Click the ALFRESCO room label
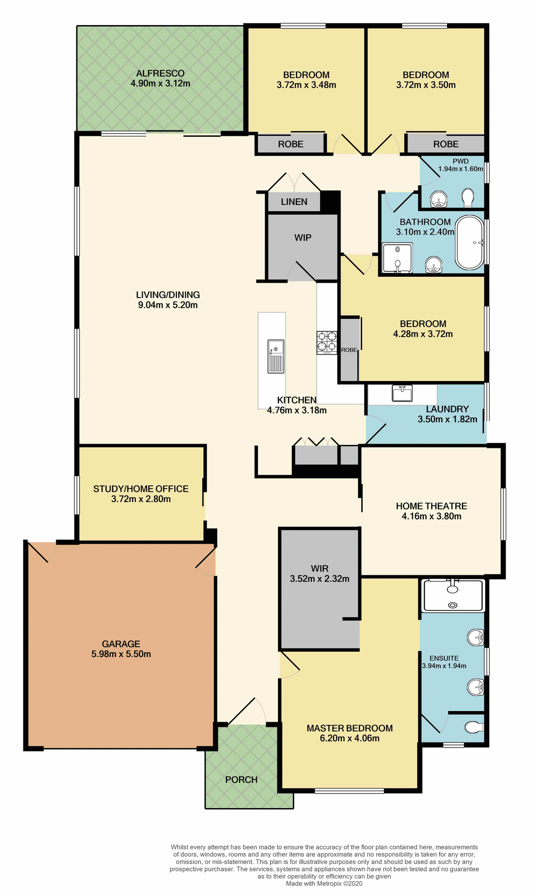160,73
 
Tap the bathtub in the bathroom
470,242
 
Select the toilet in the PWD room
468,198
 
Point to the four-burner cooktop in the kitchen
327,342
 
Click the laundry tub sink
402,394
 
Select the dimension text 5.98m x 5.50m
121,654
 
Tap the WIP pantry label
303,238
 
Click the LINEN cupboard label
294,202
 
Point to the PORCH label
241,780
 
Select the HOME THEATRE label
431,506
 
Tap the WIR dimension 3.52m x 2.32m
320,578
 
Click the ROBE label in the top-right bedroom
446,144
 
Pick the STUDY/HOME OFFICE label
141,489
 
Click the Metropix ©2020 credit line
324,884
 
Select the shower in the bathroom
397,258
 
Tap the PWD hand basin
438,200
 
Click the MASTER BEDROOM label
350,728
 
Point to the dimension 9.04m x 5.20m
168,305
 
